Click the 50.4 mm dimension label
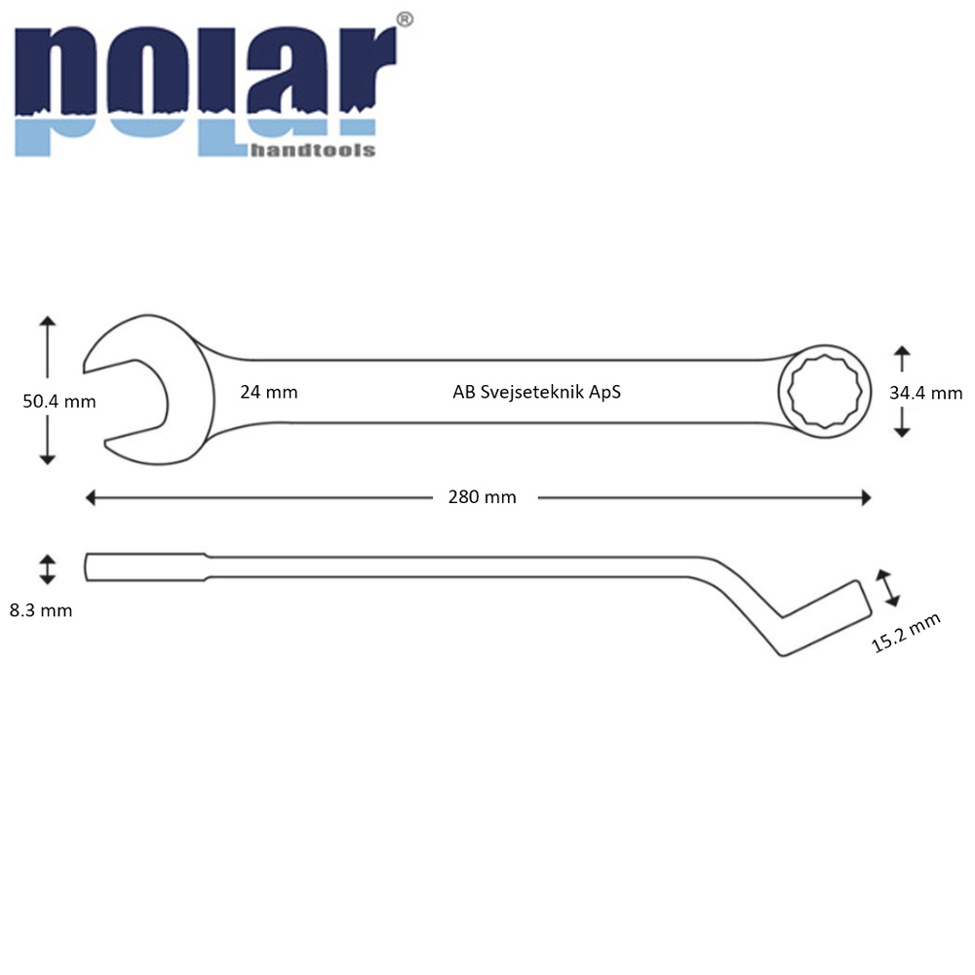click(x=59, y=401)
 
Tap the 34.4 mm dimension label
click(x=926, y=393)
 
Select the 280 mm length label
click(x=483, y=497)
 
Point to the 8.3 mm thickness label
click(x=41, y=610)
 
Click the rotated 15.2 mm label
click(x=906, y=633)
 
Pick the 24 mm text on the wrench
click(x=269, y=392)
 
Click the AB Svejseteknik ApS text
click(x=536, y=392)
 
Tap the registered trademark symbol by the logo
click(x=405, y=19)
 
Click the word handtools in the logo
click(x=313, y=150)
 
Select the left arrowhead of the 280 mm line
click(x=91, y=497)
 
